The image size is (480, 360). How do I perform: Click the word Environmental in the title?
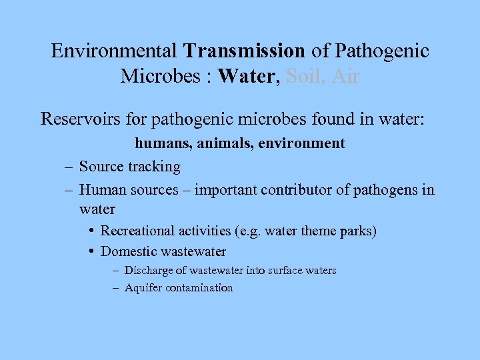click(114, 51)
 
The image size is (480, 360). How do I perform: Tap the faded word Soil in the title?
click(304, 76)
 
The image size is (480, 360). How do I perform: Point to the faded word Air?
click(345, 76)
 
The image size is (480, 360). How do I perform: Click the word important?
click(228, 190)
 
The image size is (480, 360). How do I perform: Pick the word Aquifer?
click(143, 288)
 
